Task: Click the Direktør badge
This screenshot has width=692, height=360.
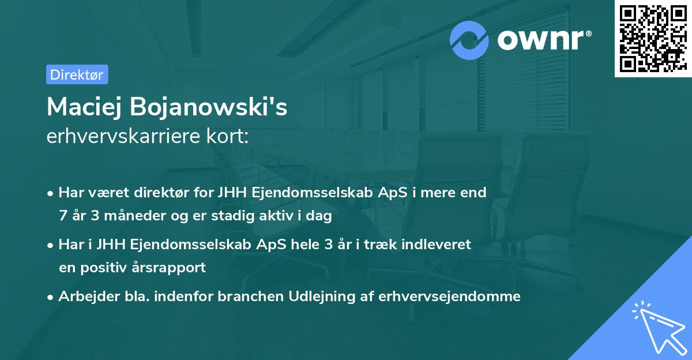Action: pyautogui.click(x=77, y=74)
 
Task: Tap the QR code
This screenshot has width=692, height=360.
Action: pyautogui.click(x=653, y=39)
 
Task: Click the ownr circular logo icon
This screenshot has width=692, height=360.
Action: pyautogui.click(x=469, y=40)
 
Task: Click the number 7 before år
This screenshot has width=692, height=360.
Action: pyautogui.click(x=62, y=216)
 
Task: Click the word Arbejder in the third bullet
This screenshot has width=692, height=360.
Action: pyautogui.click(x=86, y=297)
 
